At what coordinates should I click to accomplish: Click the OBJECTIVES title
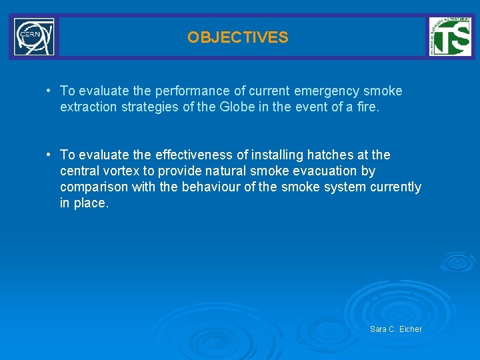click(238, 37)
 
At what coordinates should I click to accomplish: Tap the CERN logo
click(34, 37)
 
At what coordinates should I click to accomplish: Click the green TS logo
click(450, 37)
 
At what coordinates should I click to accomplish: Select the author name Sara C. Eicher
click(395, 329)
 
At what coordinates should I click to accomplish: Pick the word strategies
click(147, 107)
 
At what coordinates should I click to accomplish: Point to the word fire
click(366, 107)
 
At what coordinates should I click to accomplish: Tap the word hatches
click(328, 155)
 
